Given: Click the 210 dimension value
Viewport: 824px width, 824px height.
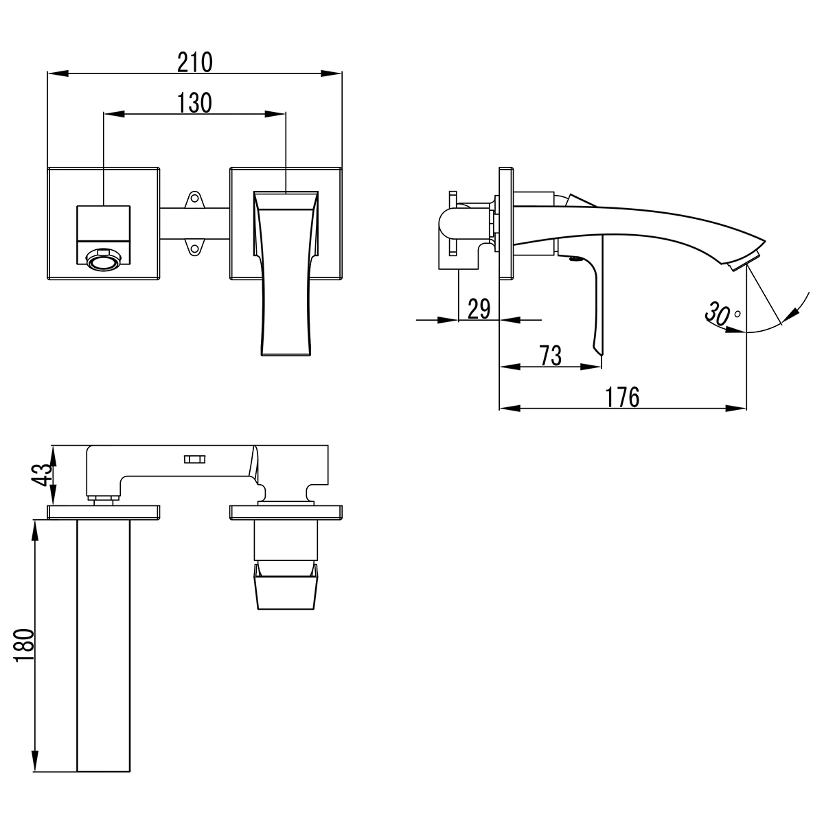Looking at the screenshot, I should tap(195, 62).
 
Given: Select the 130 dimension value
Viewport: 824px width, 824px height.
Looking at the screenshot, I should tap(194, 103).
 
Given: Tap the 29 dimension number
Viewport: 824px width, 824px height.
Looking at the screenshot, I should tap(479, 309).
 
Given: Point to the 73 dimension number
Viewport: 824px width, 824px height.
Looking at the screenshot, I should tap(550, 356).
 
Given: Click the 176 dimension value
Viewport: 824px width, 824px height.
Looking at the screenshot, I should tap(622, 397).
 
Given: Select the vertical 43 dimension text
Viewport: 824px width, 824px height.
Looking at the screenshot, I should tap(43, 474).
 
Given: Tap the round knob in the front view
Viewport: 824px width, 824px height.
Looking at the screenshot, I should tap(103, 260).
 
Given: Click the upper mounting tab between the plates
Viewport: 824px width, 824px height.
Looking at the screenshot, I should tap(194, 200).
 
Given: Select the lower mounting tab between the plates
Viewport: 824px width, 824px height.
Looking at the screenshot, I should tap(194, 247).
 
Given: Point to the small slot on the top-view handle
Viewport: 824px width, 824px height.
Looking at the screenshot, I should tap(194, 459).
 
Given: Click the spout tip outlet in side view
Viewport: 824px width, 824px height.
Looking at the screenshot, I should tap(744, 262).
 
